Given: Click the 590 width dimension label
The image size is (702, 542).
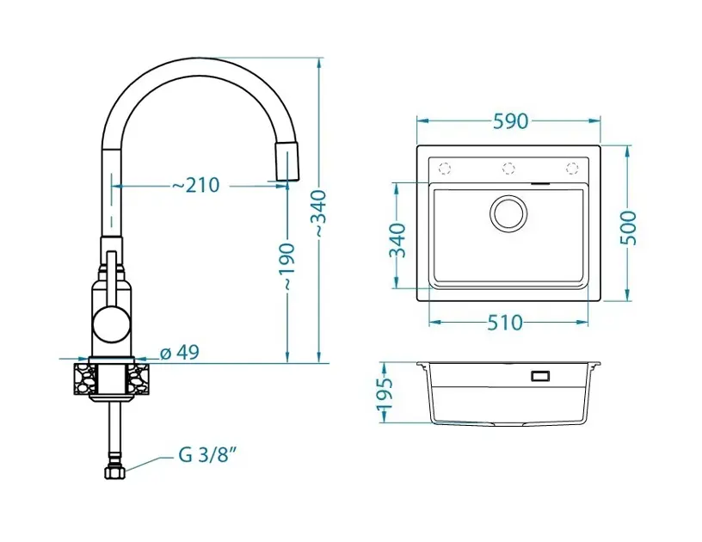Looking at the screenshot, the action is click(x=510, y=121).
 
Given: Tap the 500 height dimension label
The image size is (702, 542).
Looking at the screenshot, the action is click(x=628, y=228).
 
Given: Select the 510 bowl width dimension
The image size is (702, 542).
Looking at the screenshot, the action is click(x=504, y=323).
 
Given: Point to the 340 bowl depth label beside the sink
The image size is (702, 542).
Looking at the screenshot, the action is click(x=397, y=240).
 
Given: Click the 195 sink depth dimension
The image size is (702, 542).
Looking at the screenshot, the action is click(x=385, y=394).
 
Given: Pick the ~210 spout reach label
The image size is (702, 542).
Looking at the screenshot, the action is click(x=196, y=185).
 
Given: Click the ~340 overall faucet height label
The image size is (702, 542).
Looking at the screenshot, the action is click(x=319, y=214).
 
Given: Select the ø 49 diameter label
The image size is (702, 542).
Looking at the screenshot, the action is click(x=180, y=353).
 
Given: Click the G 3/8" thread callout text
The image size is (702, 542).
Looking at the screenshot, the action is click(x=207, y=455).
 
